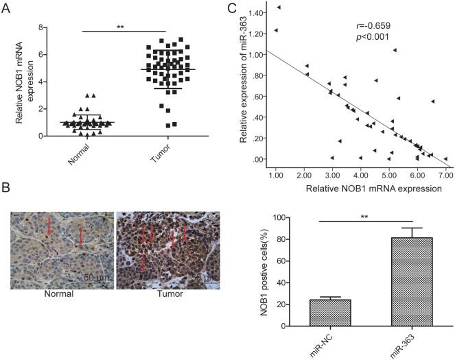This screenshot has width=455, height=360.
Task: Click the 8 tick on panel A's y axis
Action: (x=43, y=27)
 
